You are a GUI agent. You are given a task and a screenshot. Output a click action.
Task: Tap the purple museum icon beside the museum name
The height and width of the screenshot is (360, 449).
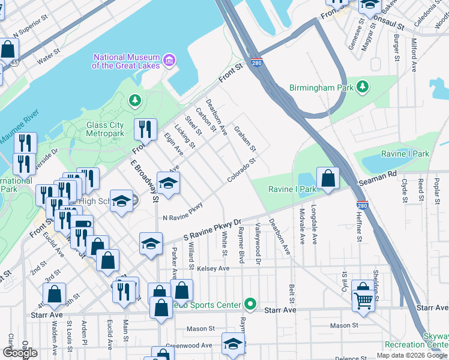pos(169,60)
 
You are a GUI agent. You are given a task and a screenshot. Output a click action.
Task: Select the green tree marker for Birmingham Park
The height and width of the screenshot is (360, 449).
pos(363,87)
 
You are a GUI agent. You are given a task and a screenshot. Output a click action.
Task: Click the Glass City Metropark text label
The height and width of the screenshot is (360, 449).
pos(104,129)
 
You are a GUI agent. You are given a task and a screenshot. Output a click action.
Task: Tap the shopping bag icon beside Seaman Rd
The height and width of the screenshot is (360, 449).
pos(328,178)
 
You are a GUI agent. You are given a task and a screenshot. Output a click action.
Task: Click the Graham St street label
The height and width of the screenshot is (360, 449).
pos(245,139)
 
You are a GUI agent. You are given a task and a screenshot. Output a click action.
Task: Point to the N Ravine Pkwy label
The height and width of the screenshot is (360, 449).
pos(182,213)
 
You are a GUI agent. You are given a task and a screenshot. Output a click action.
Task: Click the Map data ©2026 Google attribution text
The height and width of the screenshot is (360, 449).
pos(412,355)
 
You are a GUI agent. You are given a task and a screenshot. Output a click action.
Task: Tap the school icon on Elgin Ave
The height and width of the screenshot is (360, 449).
pos(168,183)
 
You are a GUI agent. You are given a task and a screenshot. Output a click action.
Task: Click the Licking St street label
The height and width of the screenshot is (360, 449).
pos(184,136)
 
